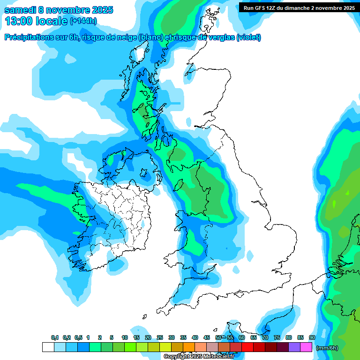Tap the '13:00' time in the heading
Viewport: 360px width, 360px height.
(x=17, y=21)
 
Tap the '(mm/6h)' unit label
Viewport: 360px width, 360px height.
(x=327, y=348)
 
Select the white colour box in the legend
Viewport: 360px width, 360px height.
(x=48, y=347)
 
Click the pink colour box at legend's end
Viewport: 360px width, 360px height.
(x=306, y=347)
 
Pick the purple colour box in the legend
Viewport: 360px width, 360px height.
(x=294, y=347)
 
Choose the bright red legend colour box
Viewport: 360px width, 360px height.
(x=247, y=347)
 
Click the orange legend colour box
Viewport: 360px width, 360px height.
(x=189, y=347)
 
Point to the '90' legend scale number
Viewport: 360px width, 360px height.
(x=312, y=337)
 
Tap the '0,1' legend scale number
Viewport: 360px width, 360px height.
(x=54, y=337)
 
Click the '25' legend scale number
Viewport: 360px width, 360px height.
(x=160, y=337)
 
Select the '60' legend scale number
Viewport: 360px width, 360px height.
(x=242, y=337)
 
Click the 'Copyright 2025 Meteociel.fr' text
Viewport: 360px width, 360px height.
(x=199, y=357)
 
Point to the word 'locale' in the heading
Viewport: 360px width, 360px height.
(x=52, y=21)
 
